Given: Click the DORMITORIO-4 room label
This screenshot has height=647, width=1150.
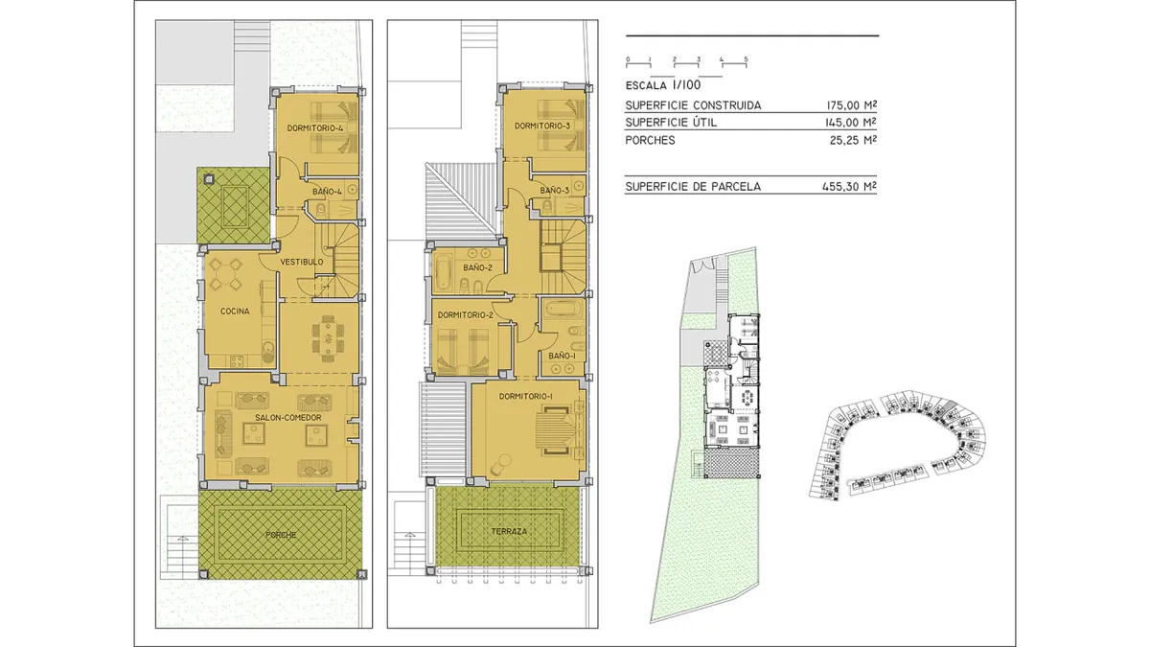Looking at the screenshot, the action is tap(314, 127).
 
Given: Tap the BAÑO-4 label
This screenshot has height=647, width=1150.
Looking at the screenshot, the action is tap(327, 192).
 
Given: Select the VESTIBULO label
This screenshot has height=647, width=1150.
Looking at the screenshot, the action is tap(302, 262).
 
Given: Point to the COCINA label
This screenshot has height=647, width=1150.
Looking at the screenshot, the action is tap(235, 312).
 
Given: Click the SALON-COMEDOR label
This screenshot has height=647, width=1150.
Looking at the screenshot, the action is tap(288, 418).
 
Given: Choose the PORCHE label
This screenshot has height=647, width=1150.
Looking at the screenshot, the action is tap(281, 535).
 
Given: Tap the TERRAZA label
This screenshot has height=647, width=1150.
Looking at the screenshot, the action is tap(509, 531).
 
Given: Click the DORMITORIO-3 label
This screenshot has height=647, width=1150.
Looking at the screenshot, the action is tap(542, 126).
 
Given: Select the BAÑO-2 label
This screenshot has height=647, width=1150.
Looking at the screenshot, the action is tap(477, 267).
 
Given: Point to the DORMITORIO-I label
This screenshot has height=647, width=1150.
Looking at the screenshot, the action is tap(526, 397).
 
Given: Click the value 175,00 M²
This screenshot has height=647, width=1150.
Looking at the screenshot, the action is tap(851, 105).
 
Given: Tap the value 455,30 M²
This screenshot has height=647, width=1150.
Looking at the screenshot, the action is tap(849, 186).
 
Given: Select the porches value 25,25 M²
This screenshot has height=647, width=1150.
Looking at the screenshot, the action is tap(853, 140).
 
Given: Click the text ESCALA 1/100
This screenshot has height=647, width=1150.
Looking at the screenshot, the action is tap(663, 85).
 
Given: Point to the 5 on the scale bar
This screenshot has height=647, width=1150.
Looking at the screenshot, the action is tap(746, 59).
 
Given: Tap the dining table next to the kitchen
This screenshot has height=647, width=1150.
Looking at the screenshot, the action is tap(328, 337).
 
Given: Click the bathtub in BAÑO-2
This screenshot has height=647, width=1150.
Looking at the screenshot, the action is tap(443, 271).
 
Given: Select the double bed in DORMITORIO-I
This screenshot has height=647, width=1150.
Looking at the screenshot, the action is tap(558, 430).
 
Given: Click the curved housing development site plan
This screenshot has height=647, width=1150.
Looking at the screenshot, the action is tap(897, 445).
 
